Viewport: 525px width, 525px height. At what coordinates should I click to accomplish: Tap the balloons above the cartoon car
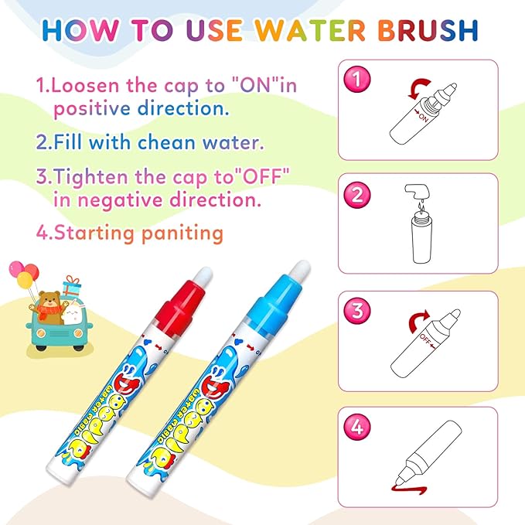22,274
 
